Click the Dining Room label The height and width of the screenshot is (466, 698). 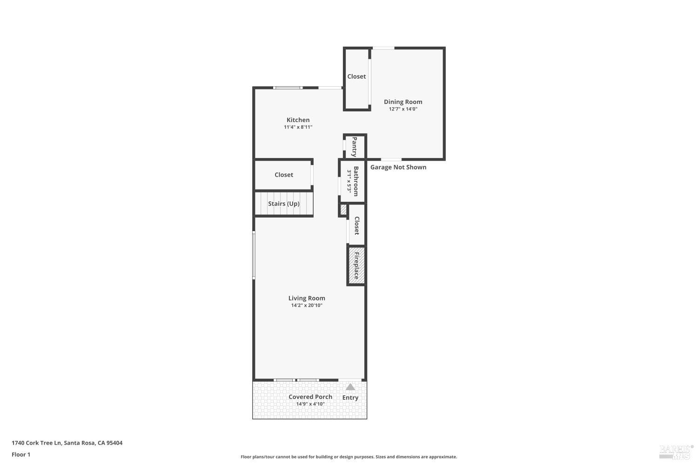point(403,102)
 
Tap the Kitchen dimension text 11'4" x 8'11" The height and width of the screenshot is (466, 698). point(298,127)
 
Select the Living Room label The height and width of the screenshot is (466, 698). point(307,298)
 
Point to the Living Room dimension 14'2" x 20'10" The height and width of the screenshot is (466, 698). point(307,306)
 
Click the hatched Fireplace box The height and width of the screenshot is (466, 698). point(356,266)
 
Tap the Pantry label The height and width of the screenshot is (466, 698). point(355,147)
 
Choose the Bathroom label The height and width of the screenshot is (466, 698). point(356,181)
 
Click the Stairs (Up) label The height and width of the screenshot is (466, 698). point(284,204)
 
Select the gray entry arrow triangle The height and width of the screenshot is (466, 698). point(350,387)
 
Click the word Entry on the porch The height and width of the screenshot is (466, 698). point(350,397)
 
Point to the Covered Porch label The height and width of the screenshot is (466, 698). point(310,397)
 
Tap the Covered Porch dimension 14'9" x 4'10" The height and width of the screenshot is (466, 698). point(310,404)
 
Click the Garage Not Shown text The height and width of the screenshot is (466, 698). point(398,167)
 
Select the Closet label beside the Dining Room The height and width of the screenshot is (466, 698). point(356,76)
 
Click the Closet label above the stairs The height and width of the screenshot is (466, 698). point(284,175)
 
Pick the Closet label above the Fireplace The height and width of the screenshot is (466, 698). point(357,226)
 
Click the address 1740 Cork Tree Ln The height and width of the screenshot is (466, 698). point(36,443)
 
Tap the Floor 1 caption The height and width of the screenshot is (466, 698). point(21,454)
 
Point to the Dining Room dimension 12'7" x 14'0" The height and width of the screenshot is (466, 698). point(403,109)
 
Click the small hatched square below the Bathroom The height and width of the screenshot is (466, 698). point(343,210)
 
